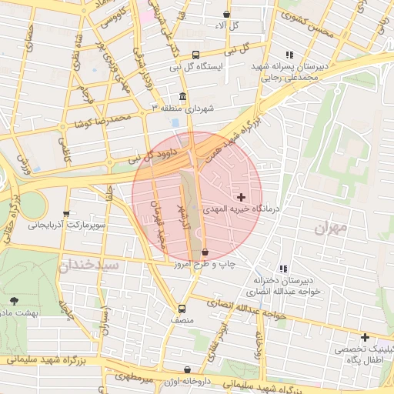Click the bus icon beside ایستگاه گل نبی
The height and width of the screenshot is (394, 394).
(196, 55)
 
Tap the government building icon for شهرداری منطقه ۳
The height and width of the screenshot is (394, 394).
(182, 97)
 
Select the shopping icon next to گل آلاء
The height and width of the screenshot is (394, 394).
(225, 14)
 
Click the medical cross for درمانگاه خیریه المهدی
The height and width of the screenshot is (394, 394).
(242, 197)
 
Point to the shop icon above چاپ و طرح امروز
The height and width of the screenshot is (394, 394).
(205, 252)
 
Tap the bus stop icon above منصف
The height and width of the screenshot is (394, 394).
(182, 307)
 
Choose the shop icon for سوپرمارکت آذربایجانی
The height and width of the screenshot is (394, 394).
(66, 215)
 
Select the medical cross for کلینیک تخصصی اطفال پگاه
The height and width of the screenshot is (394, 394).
(365, 337)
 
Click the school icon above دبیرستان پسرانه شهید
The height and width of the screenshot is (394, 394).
(289, 55)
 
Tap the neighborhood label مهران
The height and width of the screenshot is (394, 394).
(331, 228)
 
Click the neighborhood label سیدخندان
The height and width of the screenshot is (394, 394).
(88, 265)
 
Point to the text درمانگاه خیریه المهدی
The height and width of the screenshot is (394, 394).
(244, 209)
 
